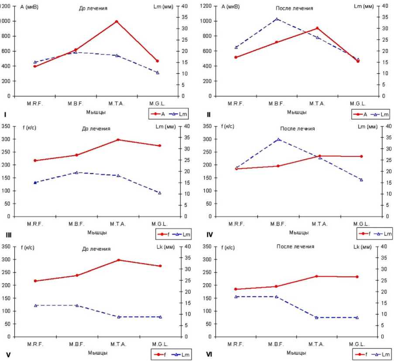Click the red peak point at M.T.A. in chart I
coord(116,21)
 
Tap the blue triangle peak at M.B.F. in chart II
coord(277,19)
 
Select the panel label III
coord(8,235)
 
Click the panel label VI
coord(209,354)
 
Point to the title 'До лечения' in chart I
coord(93,8)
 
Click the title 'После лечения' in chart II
coord(295,8)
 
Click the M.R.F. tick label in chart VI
coord(236,344)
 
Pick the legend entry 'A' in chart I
coord(159,114)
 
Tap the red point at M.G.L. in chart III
coord(160,146)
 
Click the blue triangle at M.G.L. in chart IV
coord(361,180)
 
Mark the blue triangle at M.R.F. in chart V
coord(35,305)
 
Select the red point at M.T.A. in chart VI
coord(317,276)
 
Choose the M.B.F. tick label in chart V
coord(76,344)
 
